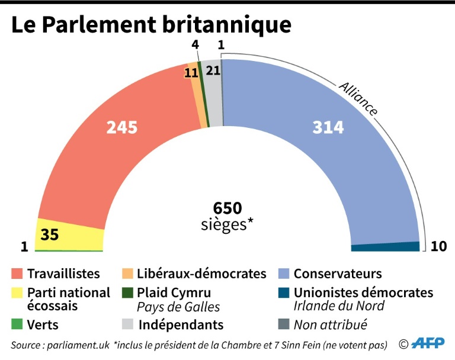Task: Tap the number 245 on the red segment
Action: pos(122,127)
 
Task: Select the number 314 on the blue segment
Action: pos(328,127)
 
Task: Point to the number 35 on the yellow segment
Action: pos(50,234)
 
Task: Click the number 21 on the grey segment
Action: pos(213,70)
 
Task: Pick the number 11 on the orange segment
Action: pos(191,73)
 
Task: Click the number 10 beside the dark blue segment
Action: pos(438,246)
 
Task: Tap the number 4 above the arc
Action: pos(196,46)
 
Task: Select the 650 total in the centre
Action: pos(228,208)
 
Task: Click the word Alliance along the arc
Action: pos(358,98)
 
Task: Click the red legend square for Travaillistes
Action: pos(17,274)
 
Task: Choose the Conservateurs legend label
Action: pos(338,274)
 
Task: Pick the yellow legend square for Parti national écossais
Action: pos(17,292)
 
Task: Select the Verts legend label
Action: pos(43,324)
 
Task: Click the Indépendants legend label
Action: pos(181,324)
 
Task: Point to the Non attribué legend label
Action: pos(331,324)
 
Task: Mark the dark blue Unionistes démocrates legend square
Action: pos(284,292)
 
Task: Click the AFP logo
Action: pos(428,344)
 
